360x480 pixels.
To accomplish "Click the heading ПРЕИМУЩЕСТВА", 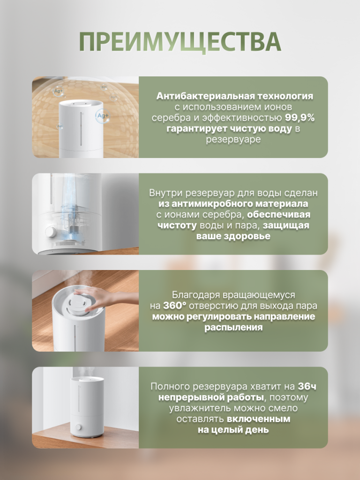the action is click(x=180, y=42).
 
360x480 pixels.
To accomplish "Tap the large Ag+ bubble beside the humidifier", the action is click(x=102, y=116).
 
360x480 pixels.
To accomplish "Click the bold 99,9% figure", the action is click(x=300, y=118).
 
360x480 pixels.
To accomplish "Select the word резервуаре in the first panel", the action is click(x=233, y=139).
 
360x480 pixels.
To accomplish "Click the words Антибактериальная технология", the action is click(x=235, y=96).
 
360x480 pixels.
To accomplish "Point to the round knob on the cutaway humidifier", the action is click(x=50, y=232).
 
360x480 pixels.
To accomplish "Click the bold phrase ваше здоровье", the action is click(x=233, y=236).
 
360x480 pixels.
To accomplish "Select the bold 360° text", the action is click(x=174, y=306).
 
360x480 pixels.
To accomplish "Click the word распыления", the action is click(x=233, y=327).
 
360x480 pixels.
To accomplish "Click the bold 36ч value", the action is click(x=307, y=387).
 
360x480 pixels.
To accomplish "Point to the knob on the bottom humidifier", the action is click(x=79, y=427).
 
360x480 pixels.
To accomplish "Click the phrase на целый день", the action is click(x=233, y=430).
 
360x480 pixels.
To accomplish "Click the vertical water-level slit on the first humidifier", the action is click(x=81, y=129).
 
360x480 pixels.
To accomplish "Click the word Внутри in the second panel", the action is click(x=165, y=193).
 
